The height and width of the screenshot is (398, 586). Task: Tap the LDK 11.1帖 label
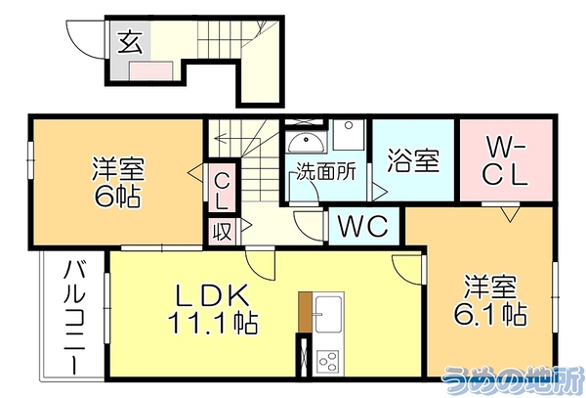(x=213, y=309)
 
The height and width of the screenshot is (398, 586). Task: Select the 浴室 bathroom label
(x=413, y=160)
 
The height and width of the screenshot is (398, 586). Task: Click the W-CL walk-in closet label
(x=505, y=160)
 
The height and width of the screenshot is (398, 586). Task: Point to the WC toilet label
(x=362, y=226)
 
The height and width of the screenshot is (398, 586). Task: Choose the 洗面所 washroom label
(x=326, y=172)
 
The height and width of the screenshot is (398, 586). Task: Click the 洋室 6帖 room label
(x=118, y=182)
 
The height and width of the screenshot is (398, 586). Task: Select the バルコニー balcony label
(x=74, y=318)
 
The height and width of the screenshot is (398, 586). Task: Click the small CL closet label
(x=222, y=192)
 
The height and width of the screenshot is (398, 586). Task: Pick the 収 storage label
(x=222, y=231)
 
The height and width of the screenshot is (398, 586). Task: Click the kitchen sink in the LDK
(x=328, y=314)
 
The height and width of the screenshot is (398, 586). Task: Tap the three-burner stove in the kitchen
(x=328, y=361)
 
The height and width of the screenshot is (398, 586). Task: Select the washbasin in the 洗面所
(x=307, y=142)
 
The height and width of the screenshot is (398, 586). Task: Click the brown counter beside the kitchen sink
(x=306, y=312)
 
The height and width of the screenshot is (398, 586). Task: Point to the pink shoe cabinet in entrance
(x=151, y=70)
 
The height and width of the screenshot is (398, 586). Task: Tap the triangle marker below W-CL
(x=511, y=215)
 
